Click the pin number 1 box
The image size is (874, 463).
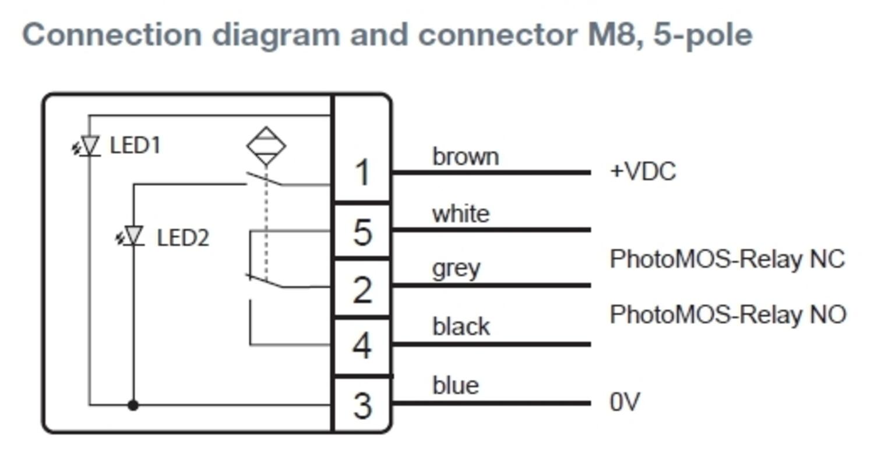coord(362,172)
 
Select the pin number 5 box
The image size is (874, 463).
coord(362,231)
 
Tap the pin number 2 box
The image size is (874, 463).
coord(362,289)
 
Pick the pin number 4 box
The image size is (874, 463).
coord(362,346)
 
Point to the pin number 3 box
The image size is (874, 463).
coord(362,405)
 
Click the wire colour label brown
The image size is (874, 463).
coord(465,157)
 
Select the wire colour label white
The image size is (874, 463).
coord(460,214)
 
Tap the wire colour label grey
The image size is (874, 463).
coord(456,269)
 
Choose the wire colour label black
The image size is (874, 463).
coord(461,327)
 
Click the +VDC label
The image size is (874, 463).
coord(642,172)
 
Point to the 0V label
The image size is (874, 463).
coord(625,402)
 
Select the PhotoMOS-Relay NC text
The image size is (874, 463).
coord(727,259)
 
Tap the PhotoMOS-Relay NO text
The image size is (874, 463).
coord(727,314)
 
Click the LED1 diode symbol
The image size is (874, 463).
coord(89,146)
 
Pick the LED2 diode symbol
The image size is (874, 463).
coord(133,236)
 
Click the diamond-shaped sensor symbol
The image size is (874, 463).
coord(266,146)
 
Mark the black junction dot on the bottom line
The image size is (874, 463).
coord(133,405)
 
